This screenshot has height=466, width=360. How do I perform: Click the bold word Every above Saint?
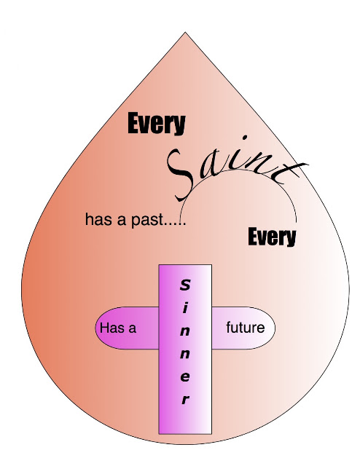point(157,123)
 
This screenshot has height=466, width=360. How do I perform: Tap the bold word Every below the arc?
point(272,237)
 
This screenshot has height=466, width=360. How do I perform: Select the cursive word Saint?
point(235,168)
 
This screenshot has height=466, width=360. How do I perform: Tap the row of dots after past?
point(176,224)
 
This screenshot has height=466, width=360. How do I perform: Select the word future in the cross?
point(245,328)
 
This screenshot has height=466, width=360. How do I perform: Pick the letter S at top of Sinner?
point(185,285)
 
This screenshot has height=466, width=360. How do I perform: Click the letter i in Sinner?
point(185,308)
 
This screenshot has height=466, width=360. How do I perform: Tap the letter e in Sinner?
point(185,377)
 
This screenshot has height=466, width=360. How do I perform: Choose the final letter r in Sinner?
point(185,400)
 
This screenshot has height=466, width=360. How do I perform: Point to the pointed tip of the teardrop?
point(185,32)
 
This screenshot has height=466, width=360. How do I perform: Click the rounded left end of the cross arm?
point(96,328)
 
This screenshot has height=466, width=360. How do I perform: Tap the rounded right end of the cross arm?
point(275,328)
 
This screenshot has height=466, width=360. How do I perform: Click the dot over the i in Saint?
point(245,138)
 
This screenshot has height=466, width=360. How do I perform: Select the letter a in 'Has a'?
point(133,328)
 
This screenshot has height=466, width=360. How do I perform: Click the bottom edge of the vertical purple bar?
point(185,434)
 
